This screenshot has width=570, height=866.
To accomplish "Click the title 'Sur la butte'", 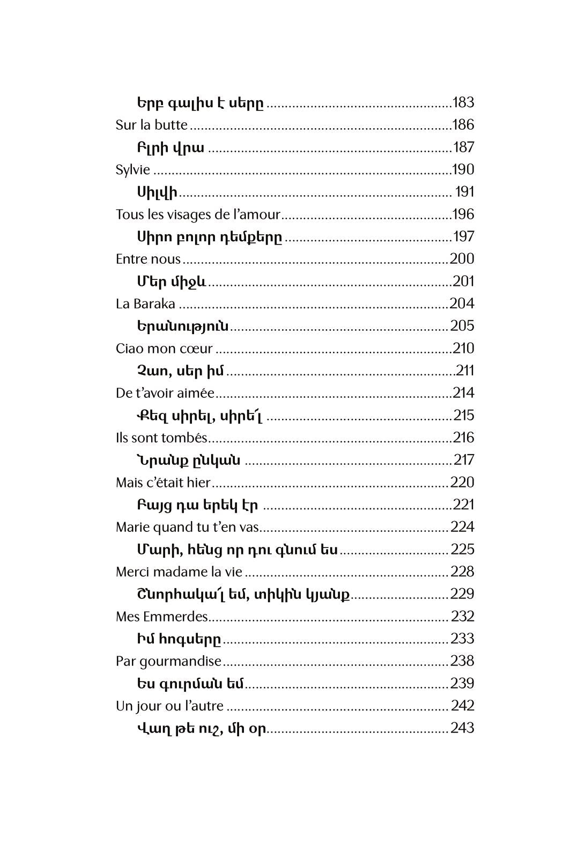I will pyautogui.click(x=152, y=125).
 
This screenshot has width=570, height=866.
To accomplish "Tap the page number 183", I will pyautogui.click(x=463, y=102).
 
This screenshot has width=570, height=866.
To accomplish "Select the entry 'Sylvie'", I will pyautogui.click(x=133, y=170).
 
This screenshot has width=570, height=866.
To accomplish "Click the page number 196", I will pyautogui.click(x=463, y=214).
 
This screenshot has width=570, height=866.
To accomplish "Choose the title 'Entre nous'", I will pyautogui.click(x=148, y=259).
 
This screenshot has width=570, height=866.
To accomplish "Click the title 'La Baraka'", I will pyautogui.click(x=145, y=304).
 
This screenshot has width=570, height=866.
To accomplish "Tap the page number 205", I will pyautogui.click(x=462, y=326).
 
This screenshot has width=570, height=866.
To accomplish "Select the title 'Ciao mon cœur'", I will pyautogui.click(x=164, y=349).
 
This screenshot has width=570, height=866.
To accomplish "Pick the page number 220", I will pyautogui.click(x=462, y=483).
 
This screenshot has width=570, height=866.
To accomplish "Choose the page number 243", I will pyautogui.click(x=462, y=728).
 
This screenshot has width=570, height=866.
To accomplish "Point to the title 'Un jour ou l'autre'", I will pyautogui.click(x=169, y=706).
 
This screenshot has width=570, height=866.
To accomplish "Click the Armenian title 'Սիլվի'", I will pyautogui.click(x=157, y=192).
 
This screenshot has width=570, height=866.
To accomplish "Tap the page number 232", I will pyautogui.click(x=462, y=617).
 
